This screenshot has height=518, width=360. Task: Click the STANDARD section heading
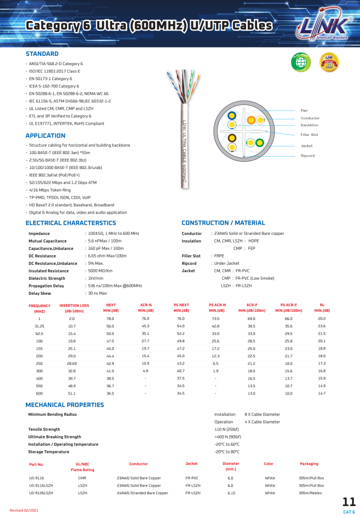(x=42, y=54)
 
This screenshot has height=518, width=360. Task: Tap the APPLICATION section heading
(x=46, y=136)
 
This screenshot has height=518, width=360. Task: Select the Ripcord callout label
(x=308, y=156)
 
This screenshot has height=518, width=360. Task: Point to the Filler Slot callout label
(x=309, y=134)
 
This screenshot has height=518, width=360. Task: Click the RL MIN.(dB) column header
(x=322, y=308)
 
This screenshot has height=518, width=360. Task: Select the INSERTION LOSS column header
(x=74, y=308)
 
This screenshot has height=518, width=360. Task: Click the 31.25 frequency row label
(x=39, y=326)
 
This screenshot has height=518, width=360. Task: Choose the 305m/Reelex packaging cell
(x=310, y=493)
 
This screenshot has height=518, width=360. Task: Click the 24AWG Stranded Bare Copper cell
(x=143, y=493)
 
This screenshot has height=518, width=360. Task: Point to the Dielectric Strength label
(x=47, y=278)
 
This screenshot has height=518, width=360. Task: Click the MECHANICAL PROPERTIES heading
(x=65, y=405)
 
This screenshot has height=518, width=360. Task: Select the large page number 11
(x=349, y=502)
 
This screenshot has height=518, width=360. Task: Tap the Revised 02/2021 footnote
(x=24, y=510)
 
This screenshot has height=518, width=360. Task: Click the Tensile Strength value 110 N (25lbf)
(x=227, y=429)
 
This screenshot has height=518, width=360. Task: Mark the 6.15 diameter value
(x=231, y=493)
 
